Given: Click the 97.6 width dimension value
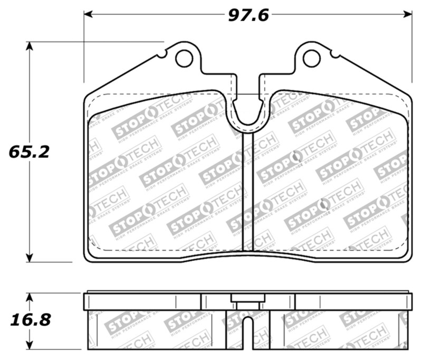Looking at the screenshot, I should tap(248, 15).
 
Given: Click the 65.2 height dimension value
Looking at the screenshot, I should tap(29, 152).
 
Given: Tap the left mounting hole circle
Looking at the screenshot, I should tap(184, 58).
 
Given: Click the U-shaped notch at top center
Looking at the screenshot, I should tap(248, 113).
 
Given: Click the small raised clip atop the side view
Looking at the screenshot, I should tap(248, 298).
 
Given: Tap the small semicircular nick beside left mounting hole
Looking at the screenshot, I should tap(166, 54).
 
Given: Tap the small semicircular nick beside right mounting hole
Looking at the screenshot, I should tap(331, 54).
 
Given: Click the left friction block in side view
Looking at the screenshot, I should tap(156, 330).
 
